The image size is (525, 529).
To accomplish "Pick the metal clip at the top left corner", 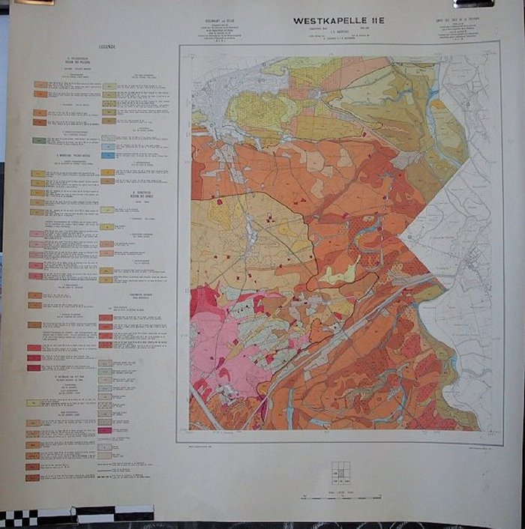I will (x=34, y=2).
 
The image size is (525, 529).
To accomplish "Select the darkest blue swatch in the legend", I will (x=109, y=155).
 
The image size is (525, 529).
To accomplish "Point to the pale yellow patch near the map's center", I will (x=337, y=274).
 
